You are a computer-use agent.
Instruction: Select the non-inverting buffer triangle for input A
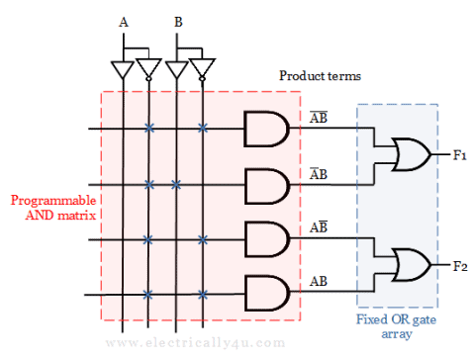[122, 69]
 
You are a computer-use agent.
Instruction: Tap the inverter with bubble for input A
[148, 69]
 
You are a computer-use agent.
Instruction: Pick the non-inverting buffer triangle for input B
[176, 69]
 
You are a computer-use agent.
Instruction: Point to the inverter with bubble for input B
[203, 69]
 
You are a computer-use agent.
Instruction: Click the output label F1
[459, 155]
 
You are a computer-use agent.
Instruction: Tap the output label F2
[459, 265]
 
